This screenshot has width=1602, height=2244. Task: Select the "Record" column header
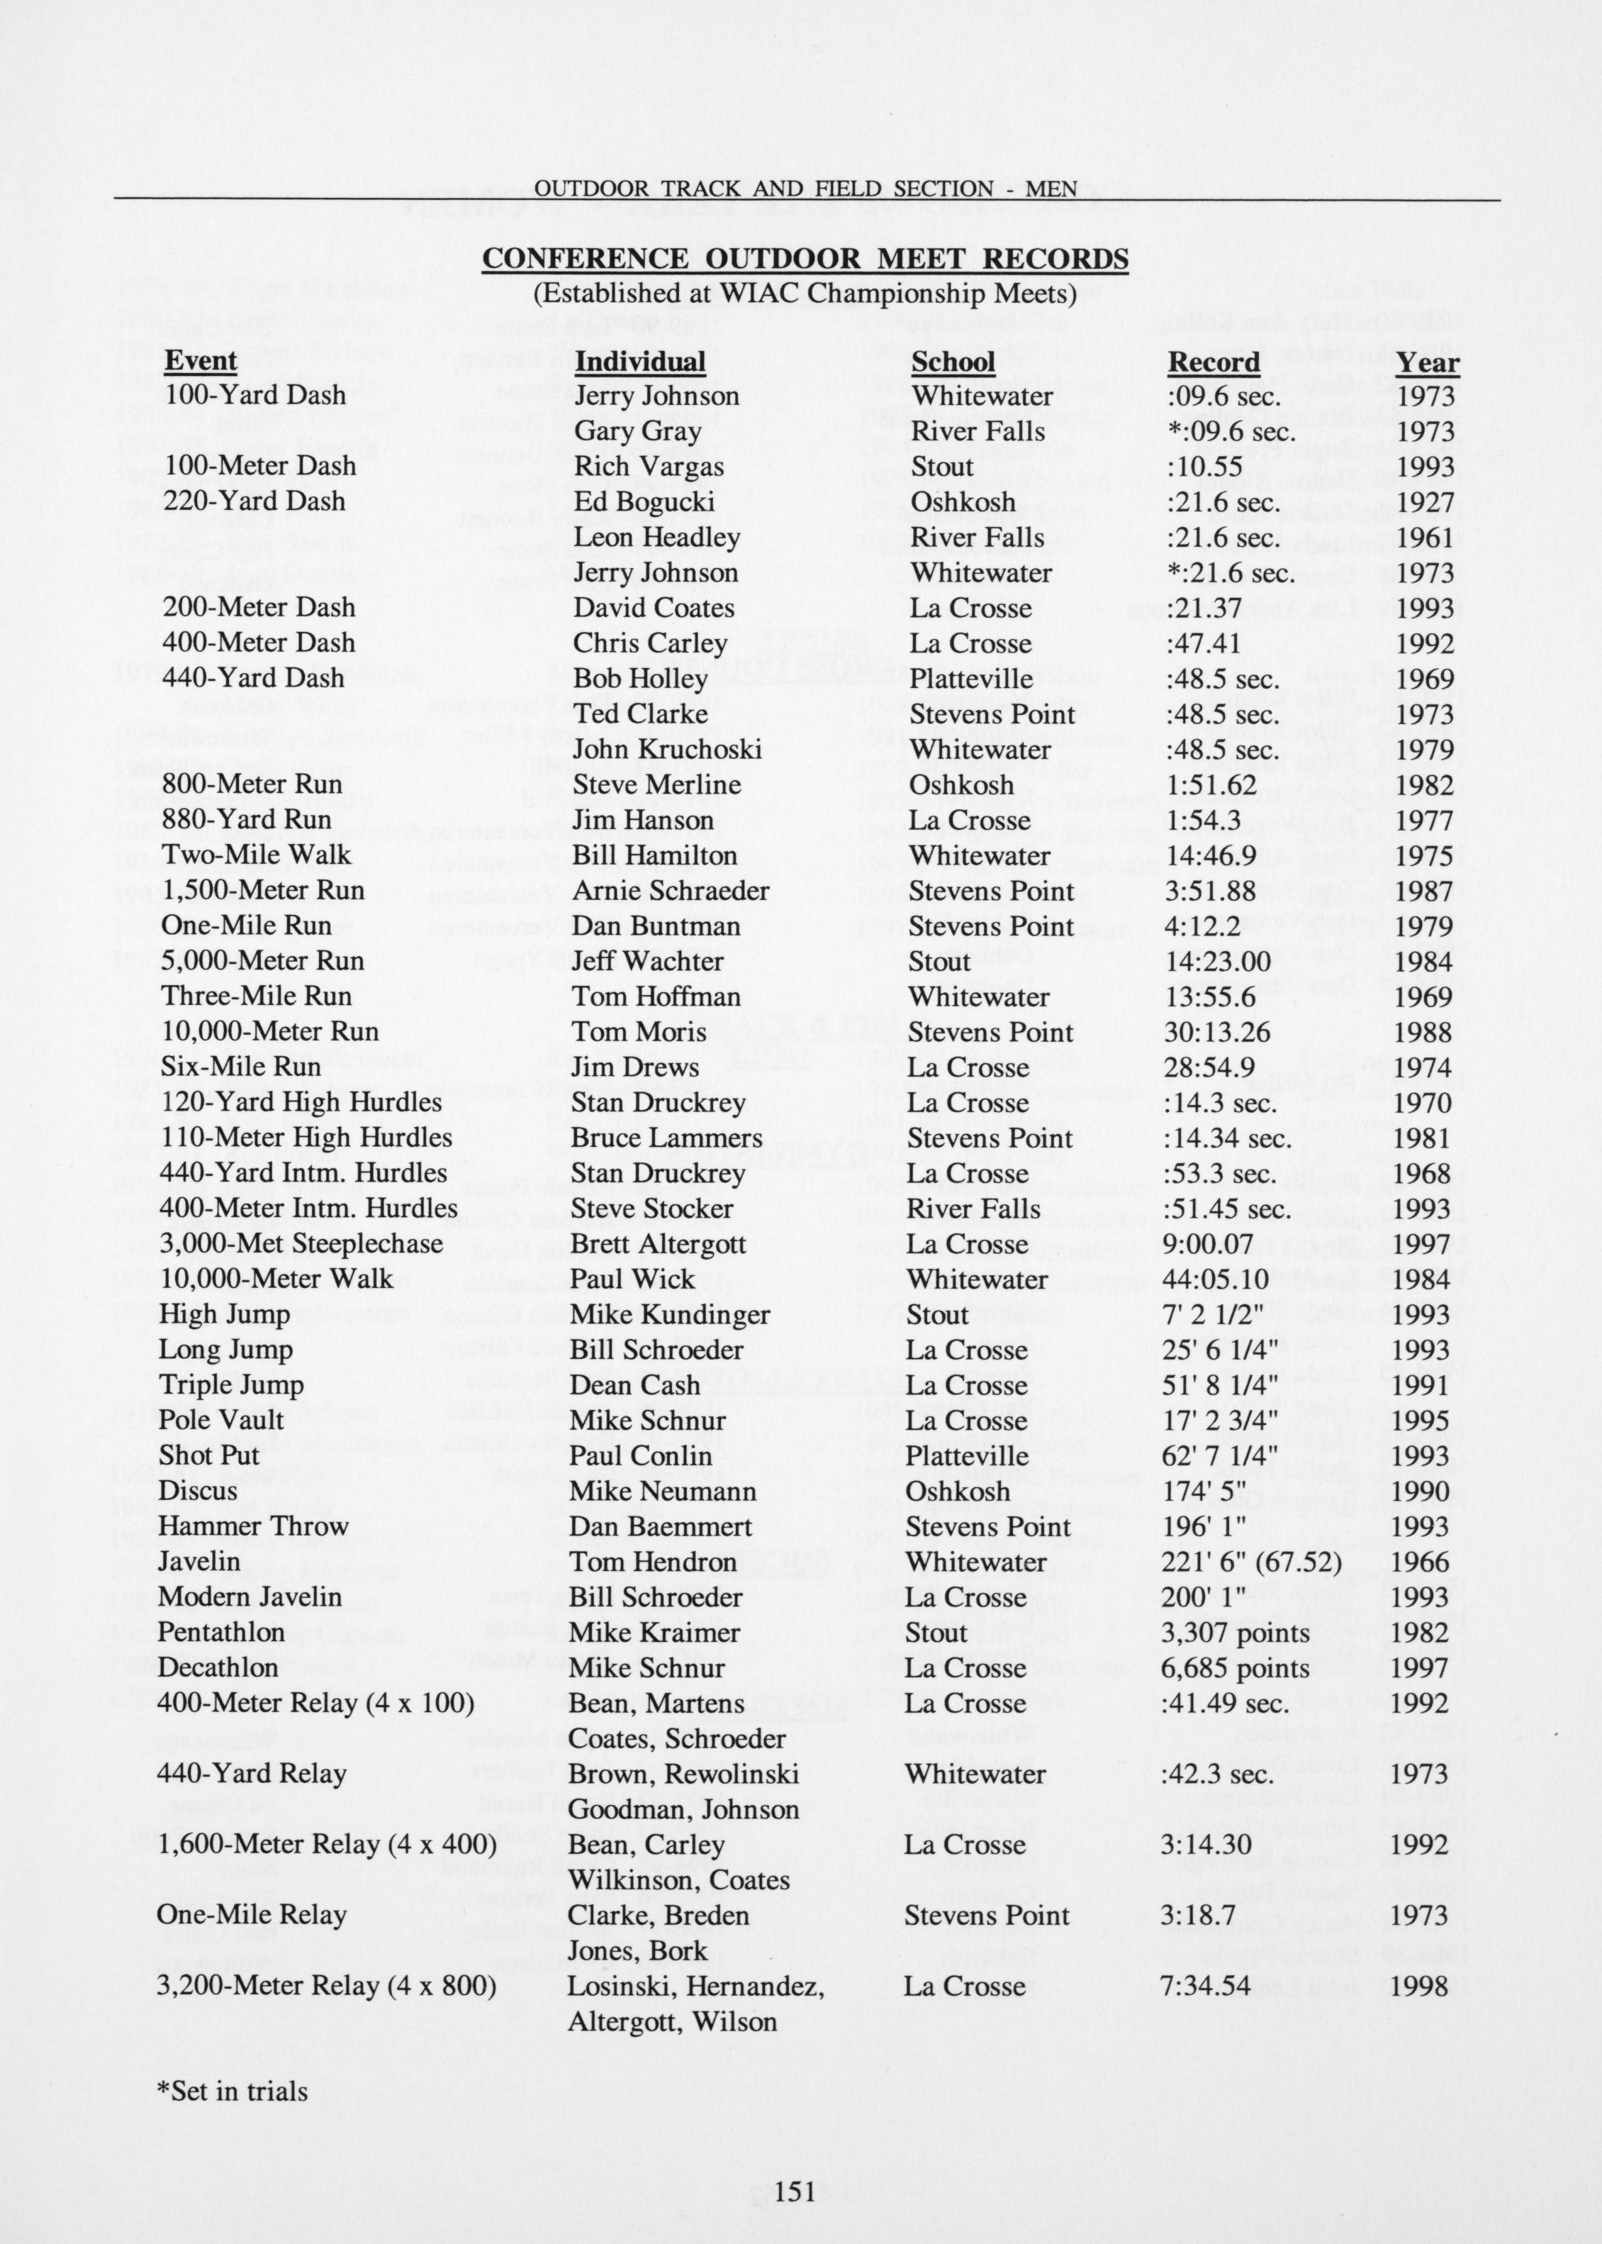point(1214,362)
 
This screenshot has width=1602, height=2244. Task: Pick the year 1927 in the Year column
point(1425,502)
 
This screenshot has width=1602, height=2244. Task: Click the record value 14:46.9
point(1211,855)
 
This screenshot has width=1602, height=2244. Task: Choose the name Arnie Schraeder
point(670,890)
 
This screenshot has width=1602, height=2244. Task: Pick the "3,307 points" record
point(1235,1633)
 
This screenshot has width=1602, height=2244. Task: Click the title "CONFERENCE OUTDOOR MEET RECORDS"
point(805,259)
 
